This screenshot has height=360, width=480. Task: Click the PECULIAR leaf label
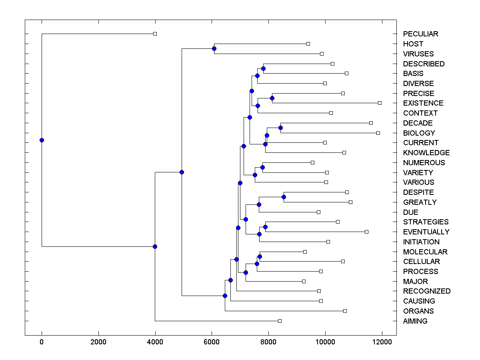pos(420,34)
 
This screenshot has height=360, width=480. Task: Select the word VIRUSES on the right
pos(418,54)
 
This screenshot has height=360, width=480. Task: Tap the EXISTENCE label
pos(423,103)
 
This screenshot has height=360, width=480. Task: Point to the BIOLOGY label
pos(419,133)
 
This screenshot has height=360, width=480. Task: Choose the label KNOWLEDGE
pos(426,153)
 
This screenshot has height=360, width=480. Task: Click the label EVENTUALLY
pos(426,232)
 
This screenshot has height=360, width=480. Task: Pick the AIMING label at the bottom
pos(415,321)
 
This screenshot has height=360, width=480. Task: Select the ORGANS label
pos(418,311)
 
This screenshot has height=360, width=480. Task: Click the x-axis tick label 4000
pos(155,342)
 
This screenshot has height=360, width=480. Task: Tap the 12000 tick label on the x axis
pos(382,342)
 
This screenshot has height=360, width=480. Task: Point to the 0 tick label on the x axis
pos(42,342)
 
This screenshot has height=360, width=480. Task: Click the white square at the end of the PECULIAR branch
pos(155,34)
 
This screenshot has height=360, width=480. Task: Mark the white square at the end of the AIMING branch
pos(280,321)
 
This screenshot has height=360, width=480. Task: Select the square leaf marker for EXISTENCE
pos(380,103)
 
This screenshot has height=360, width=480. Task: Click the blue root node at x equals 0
pos(42,140)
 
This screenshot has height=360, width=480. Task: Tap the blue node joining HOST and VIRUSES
pos(214,48)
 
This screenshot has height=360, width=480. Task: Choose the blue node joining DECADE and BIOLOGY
pos(280,128)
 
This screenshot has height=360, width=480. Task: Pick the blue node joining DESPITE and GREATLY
pos(284,197)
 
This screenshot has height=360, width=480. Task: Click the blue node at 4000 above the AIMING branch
pos(155,246)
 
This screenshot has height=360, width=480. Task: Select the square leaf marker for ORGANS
pos(345,311)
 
